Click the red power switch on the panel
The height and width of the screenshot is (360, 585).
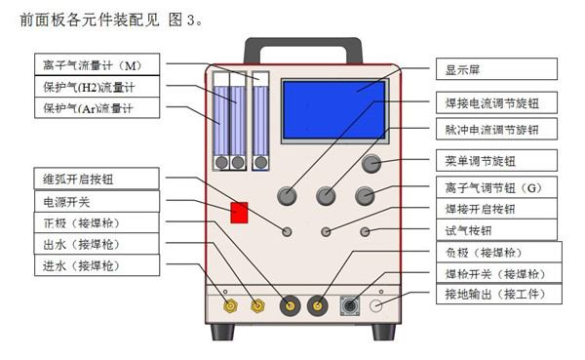[x=239, y=213]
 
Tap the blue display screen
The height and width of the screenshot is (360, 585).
[x=334, y=110]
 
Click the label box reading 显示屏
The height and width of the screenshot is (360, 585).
[x=496, y=69]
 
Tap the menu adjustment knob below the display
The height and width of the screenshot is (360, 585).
[x=371, y=163]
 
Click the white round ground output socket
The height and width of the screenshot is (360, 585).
[x=375, y=305]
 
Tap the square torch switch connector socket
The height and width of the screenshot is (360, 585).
[x=350, y=306]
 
